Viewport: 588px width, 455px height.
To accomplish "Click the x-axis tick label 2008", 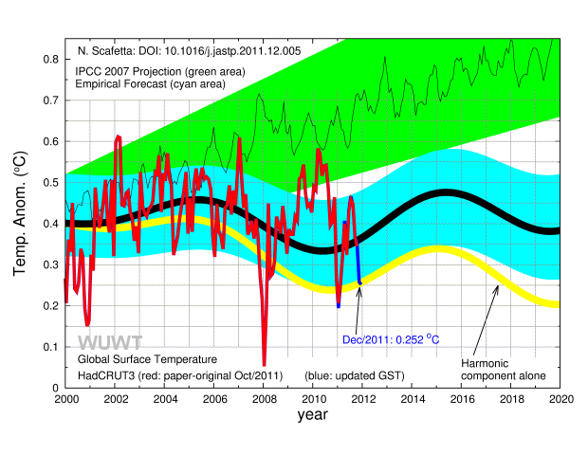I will click(x=264, y=400).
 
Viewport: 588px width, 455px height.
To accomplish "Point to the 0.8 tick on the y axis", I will click(x=47, y=59).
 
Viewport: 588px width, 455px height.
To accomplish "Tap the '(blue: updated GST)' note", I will click(x=355, y=375).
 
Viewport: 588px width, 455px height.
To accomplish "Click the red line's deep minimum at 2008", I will click(x=264, y=364).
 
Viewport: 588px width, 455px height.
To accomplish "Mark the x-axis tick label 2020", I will click(x=560, y=400).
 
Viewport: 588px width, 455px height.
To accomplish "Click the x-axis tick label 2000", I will click(x=65, y=400).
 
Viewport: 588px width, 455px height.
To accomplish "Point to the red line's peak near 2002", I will click(x=119, y=137).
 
